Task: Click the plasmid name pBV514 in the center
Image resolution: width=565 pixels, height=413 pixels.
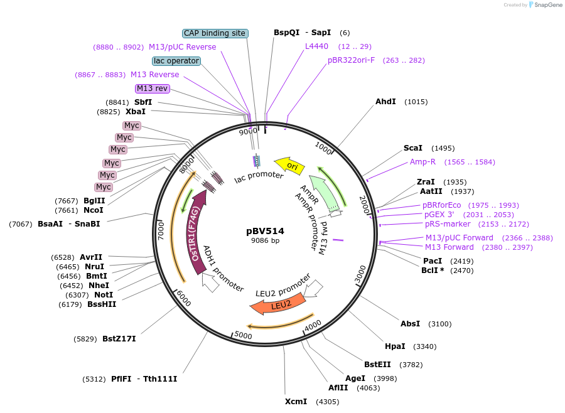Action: (x=269, y=230)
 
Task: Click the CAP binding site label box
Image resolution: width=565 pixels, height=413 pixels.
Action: (x=215, y=33)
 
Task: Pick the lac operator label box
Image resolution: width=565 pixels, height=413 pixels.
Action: (x=176, y=61)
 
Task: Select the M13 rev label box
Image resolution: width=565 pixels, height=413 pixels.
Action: (x=152, y=88)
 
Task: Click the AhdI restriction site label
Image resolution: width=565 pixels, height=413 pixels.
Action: (x=385, y=101)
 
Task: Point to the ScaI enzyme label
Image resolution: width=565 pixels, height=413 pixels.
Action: (x=413, y=148)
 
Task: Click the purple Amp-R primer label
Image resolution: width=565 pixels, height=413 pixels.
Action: (x=422, y=162)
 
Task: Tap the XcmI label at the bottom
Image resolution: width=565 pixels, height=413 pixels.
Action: (x=296, y=401)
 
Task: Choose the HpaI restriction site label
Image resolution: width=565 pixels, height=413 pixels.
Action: (x=395, y=346)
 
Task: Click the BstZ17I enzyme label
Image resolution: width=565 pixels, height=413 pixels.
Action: (x=119, y=339)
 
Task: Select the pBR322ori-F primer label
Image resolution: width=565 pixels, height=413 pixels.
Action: (x=351, y=60)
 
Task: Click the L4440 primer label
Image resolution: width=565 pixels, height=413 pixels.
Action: (x=316, y=46)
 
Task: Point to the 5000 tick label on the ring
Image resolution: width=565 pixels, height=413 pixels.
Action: (x=243, y=336)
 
